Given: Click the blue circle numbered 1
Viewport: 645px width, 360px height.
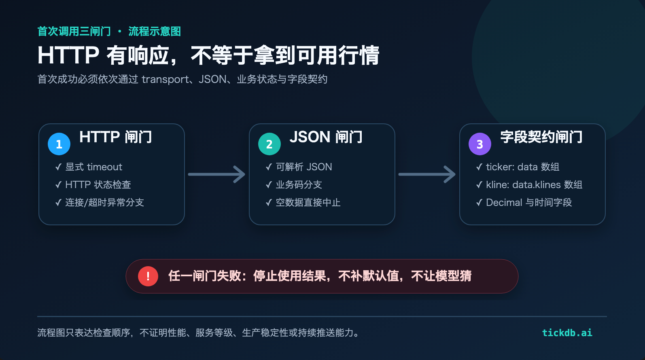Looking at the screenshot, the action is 59,144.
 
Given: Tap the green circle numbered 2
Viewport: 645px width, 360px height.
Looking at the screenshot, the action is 269,144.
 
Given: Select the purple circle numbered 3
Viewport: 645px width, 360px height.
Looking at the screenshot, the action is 480,144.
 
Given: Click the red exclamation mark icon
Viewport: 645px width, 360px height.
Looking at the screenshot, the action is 148,276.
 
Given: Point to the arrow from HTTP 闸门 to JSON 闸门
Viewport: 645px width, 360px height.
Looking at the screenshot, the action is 216,174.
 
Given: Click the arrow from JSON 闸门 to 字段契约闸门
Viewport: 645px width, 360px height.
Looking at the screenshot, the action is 427,174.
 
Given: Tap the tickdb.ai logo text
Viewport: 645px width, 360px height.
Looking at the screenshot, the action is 567,332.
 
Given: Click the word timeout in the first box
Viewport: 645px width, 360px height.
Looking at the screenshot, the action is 104,167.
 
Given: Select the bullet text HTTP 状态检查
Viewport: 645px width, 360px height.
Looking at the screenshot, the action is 98,185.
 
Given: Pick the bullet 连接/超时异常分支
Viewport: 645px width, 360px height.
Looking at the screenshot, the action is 104,203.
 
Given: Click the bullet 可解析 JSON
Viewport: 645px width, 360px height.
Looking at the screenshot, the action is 304,167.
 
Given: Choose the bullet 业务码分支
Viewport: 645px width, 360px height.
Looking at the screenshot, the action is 299,185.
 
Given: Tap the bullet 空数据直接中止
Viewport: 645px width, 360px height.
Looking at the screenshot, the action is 308,203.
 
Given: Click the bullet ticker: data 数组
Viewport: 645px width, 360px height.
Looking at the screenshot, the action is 523,167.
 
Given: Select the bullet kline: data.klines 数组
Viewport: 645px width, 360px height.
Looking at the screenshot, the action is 534,185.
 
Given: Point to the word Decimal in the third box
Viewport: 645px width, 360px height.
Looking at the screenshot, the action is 504,203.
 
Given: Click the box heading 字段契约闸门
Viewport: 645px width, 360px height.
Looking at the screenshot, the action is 541,137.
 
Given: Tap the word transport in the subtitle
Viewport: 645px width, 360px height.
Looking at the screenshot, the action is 165,79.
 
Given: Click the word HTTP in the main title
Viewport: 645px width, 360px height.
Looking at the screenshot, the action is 68,55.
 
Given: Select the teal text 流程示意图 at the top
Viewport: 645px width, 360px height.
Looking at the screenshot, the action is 155,32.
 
